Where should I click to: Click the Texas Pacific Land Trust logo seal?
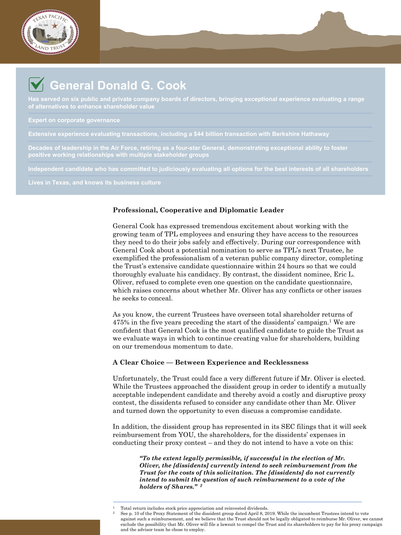(50, 32)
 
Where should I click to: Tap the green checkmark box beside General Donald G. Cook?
(36, 84)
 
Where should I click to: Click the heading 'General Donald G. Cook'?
(118, 86)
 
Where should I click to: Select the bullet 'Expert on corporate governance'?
(74, 120)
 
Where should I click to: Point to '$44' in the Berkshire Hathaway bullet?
(199, 134)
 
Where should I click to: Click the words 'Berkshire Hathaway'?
(300, 134)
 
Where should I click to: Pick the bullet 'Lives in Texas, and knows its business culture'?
(95, 183)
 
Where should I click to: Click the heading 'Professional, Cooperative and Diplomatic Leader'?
(198, 210)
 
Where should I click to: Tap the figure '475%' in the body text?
(121, 322)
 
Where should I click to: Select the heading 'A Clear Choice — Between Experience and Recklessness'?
(211, 362)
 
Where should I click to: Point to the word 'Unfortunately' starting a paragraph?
(136, 379)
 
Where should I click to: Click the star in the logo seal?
(55, 26)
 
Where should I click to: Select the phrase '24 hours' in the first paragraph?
(292, 266)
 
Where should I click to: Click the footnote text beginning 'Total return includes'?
(194, 508)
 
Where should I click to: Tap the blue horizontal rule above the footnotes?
(237, 502)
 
